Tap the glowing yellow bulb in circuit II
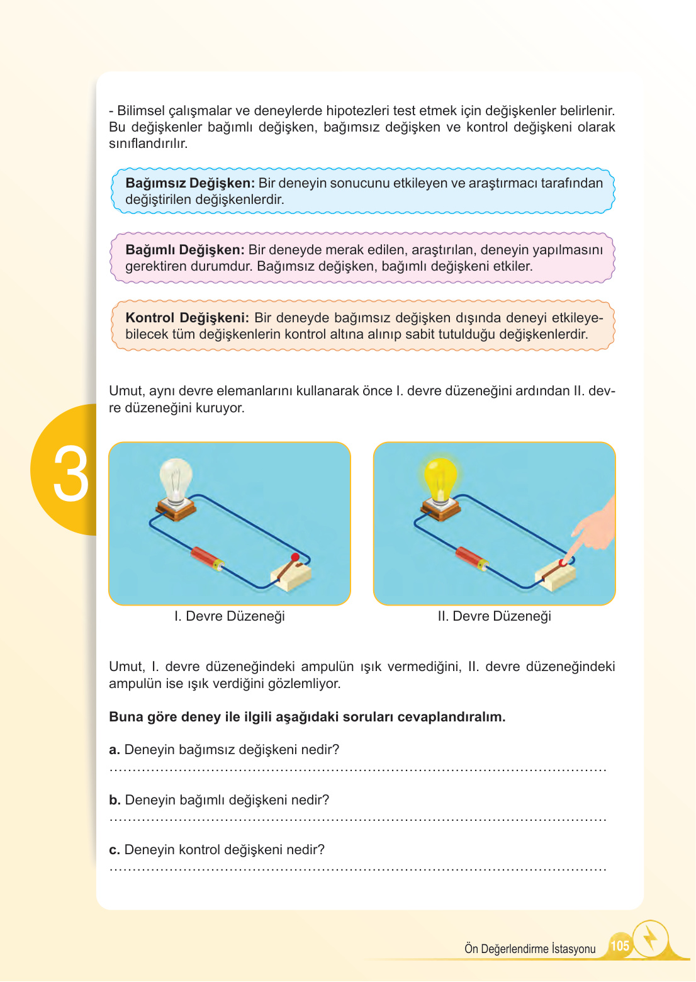tap(440, 478)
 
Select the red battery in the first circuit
tap(207, 558)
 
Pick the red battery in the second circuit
tap(471, 558)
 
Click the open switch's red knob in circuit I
tap(295, 557)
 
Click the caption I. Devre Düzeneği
tap(229, 616)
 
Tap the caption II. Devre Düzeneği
tap(494, 616)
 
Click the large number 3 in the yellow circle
tap(70, 475)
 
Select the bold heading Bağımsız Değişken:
tap(189, 183)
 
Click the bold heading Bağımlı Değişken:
tap(184, 250)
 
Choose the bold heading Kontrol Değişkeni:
tap(187, 318)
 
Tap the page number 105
tap(619, 945)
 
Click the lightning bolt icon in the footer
tap(650, 939)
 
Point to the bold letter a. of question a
tap(114, 750)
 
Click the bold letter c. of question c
tap(114, 850)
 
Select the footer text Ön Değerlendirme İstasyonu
tap(529, 949)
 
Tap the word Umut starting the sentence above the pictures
tap(125, 391)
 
